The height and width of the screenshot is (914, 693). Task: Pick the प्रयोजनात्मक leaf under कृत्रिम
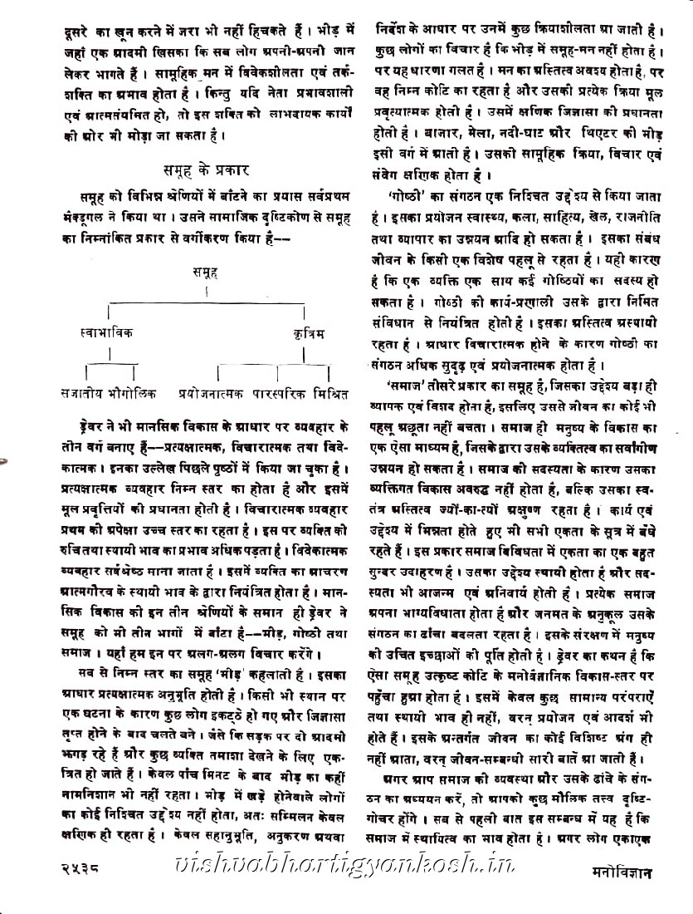pyautogui.click(x=209, y=391)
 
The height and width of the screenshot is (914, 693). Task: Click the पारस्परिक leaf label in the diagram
pyautogui.click(x=276, y=391)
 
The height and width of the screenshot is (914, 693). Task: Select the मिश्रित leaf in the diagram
pyautogui.click(x=329, y=391)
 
